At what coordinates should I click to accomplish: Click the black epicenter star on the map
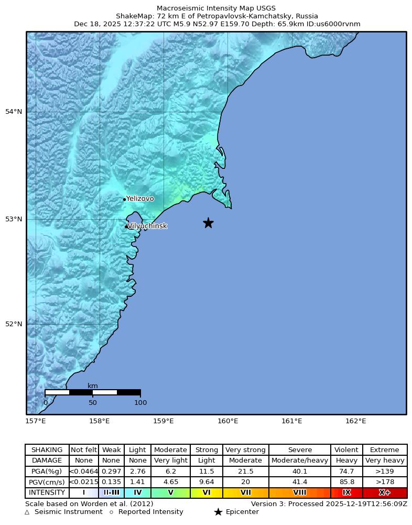[x=208, y=223]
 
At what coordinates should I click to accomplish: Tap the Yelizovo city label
[x=140, y=199]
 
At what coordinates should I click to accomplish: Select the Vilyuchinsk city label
[x=147, y=226]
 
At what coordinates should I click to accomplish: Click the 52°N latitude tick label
[x=14, y=324]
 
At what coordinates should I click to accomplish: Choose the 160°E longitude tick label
[x=228, y=421]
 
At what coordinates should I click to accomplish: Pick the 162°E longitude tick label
[x=356, y=421]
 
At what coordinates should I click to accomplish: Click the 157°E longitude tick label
[x=36, y=421]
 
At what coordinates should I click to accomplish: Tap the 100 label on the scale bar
[x=140, y=403]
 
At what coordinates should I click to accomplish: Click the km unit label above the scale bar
[x=93, y=386]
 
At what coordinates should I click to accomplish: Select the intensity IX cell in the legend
[x=346, y=492]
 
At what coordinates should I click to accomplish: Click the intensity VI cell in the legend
[x=207, y=492]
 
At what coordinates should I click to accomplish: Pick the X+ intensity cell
[x=385, y=492]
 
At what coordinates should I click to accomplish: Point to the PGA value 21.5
[x=245, y=472]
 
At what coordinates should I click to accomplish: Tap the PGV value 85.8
[x=346, y=482]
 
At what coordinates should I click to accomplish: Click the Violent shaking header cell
[x=346, y=450]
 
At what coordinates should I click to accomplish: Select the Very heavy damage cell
[x=385, y=460]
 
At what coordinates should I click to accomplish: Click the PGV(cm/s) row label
[x=47, y=482]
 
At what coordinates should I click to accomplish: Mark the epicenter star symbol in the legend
[x=218, y=512]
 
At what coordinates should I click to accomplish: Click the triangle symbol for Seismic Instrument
[x=27, y=512]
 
